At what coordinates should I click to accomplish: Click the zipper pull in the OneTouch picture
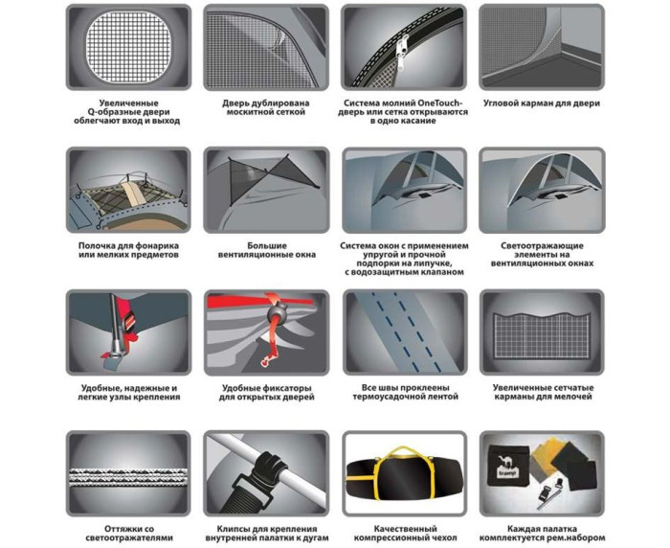coord(403,53)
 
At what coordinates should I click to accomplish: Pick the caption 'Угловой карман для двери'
coord(542,103)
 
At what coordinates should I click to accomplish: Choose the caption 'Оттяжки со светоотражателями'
coord(129,534)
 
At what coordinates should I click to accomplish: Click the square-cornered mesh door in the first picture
coord(128,47)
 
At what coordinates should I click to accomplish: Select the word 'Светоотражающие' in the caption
coord(542,246)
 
